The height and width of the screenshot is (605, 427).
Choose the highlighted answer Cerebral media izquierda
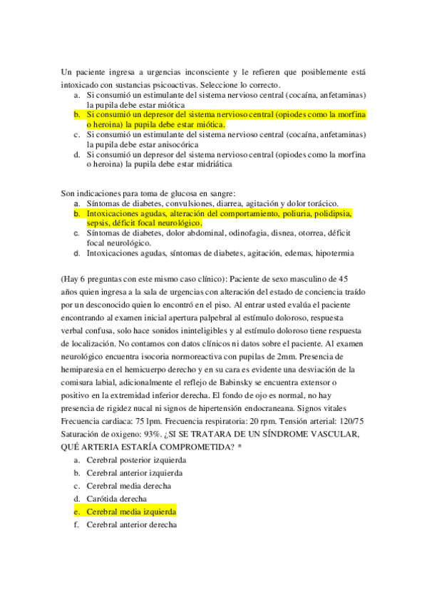coord(131,512)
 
